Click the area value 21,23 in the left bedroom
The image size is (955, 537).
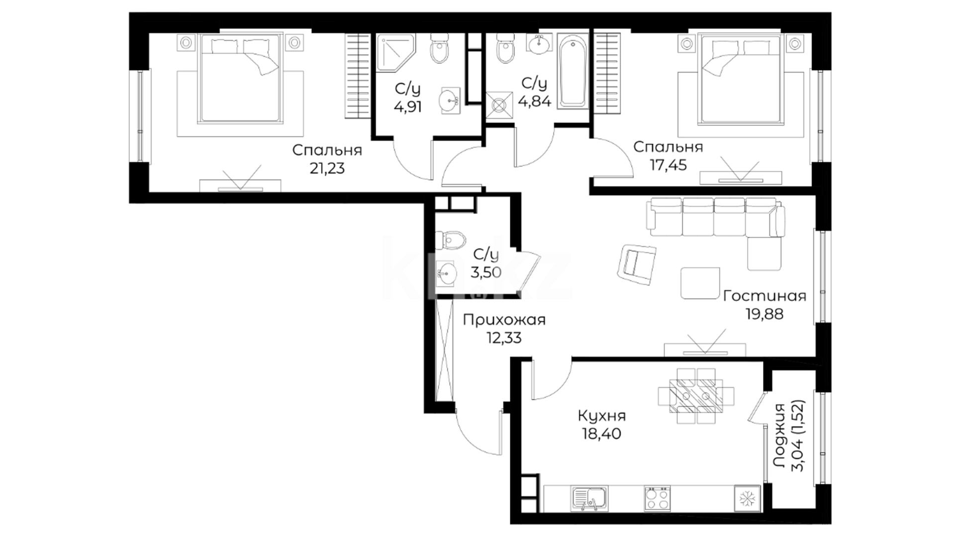tap(327, 168)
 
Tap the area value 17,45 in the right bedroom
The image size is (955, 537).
tap(668, 165)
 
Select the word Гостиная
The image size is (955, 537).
tap(764, 296)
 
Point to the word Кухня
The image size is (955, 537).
tap(602, 416)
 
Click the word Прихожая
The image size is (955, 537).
tap(504, 320)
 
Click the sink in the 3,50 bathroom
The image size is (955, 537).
tap(447, 273)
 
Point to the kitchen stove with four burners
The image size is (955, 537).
tap(657, 498)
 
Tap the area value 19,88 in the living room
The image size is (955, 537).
tap(764, 314)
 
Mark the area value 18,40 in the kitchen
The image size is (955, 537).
tap(602, 434)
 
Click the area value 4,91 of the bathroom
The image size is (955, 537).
tap(408, 107)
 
